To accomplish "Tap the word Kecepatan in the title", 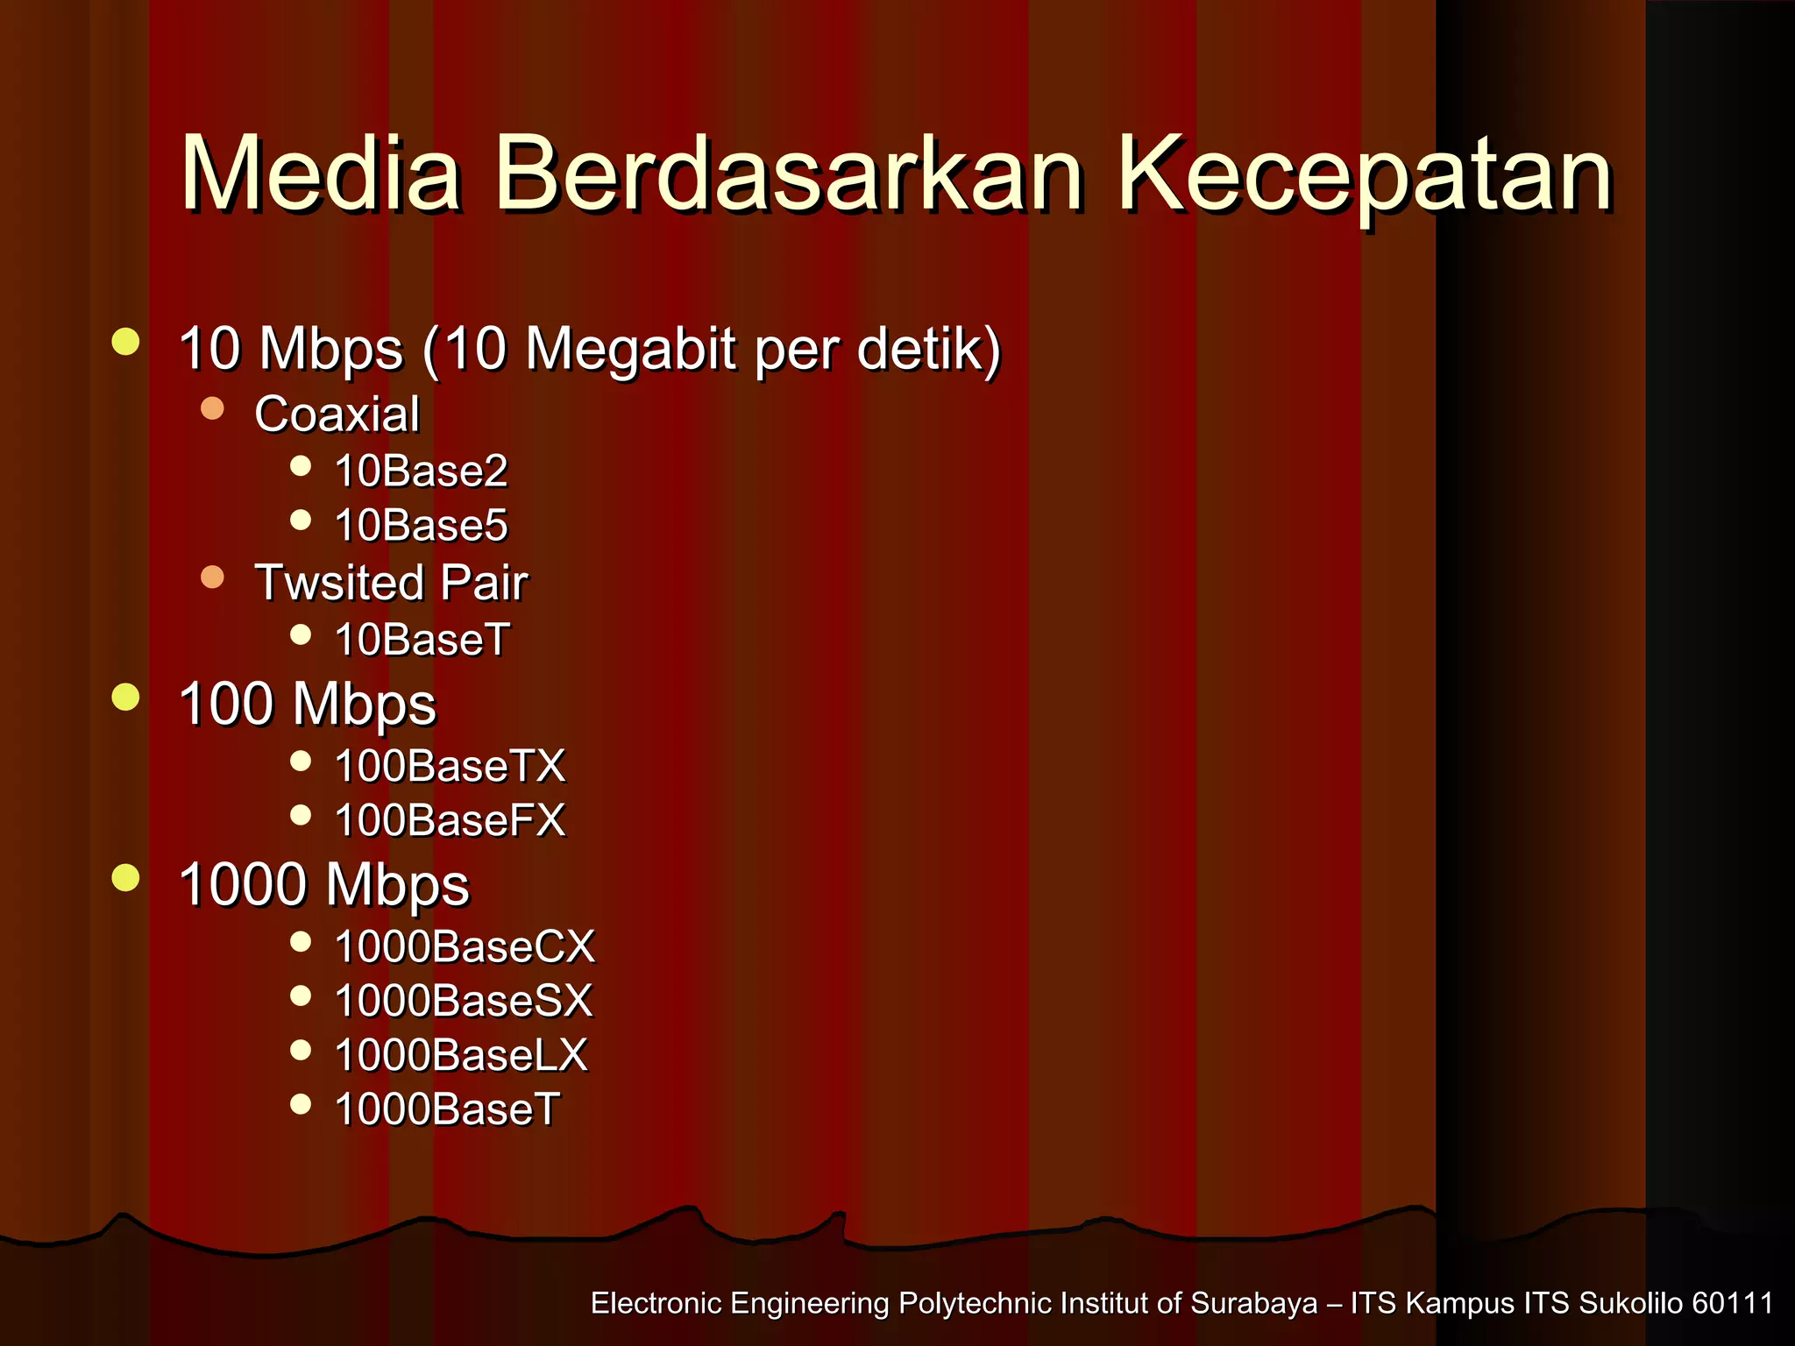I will click(x=1364, y=175).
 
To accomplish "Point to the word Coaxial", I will click(x=337, y=414).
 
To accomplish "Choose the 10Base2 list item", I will click(x=422, y=471).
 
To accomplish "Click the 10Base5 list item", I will click(x=422, y=525).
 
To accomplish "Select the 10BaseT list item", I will click(x=422, y=639).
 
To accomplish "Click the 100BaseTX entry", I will click(x=450, y=766).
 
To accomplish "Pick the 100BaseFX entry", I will click(x=450, y=820).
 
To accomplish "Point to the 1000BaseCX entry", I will click(x=465, y=946).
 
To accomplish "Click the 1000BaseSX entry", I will click(x=464, y=1001).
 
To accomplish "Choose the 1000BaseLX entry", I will click(x=461, y=1055).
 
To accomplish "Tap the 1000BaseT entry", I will click(x=447, y=1109).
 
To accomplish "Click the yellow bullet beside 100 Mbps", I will click(x=126, y=698).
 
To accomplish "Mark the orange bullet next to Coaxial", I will click(x=212, y=408).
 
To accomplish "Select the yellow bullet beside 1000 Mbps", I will click(x=126, y=877).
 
